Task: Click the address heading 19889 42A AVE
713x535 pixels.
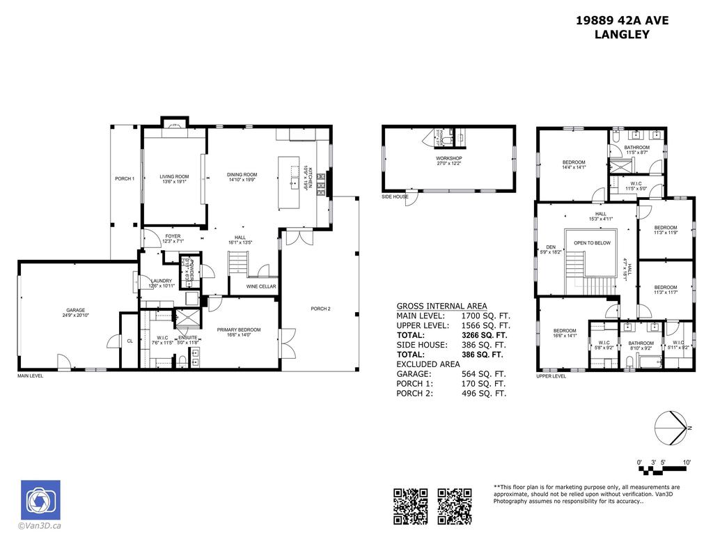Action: [622, 20]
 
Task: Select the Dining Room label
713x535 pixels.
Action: [242, 175]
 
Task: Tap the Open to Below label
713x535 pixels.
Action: [592, 242]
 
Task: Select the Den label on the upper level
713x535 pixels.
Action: [550, 247]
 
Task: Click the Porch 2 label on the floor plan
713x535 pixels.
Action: [320, 309]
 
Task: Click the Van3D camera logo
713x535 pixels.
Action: [40, 499]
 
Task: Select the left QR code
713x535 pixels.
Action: [410, 506]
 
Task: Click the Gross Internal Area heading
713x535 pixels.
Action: [441, 306]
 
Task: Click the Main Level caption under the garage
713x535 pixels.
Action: [31, 376]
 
